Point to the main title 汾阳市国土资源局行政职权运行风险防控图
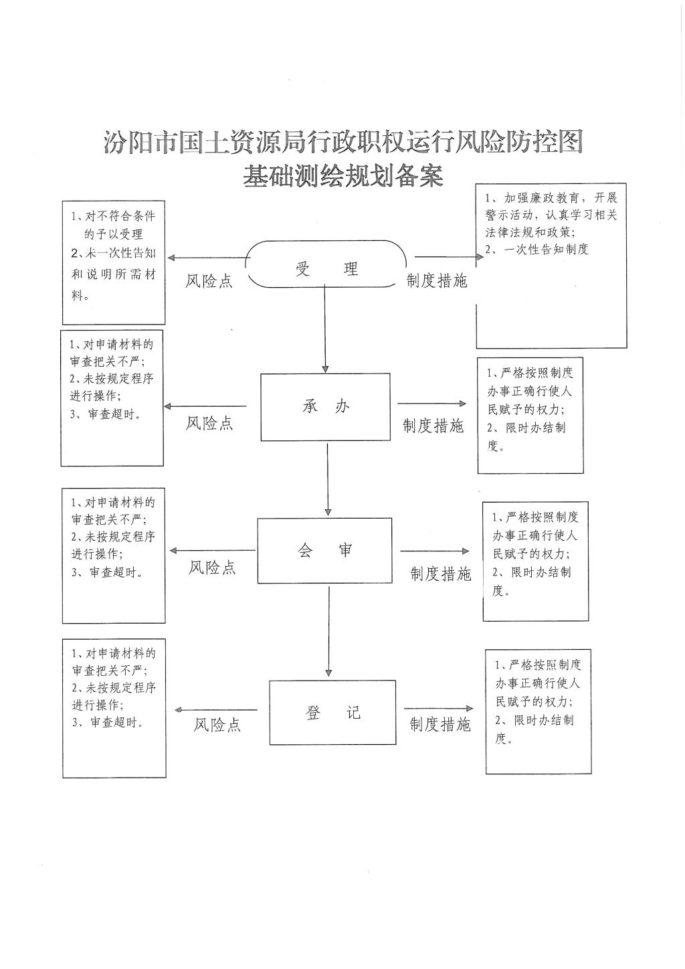[x=343, y=142]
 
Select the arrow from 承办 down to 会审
[x=328, y=479]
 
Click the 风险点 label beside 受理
[x=209, y=281]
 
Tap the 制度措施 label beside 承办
[x=433, y=426]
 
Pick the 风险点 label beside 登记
[x=217, y=725]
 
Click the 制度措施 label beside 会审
[x=440, y=574]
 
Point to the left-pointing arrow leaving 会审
[x=213, y=551]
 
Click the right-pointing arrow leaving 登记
[x=439, y=709]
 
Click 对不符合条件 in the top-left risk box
[x=120, y=216]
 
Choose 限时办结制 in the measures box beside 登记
[x=544, y=720]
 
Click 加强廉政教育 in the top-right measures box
[x=542, y=198]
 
